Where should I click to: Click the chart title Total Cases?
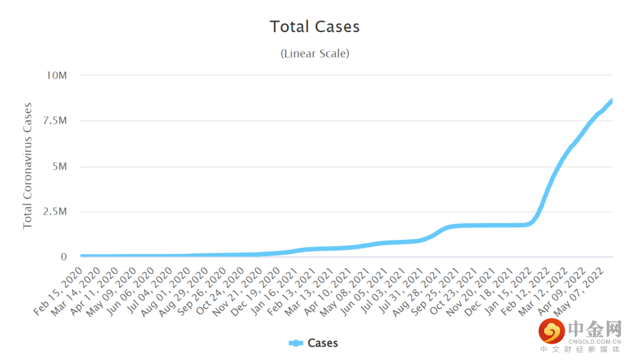[x=314, y=27]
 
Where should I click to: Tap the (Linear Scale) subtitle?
[x=314, y=54]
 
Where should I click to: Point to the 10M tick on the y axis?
[x=57, y=75]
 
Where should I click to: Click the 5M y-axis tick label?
[x=59, y=166]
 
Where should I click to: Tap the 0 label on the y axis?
[x=65, y=257]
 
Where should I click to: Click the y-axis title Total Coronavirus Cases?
[x=27, y=166]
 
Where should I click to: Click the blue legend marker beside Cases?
[x=296, y=343]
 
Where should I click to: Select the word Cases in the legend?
[x=323, y=343]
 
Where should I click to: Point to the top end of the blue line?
[x=611, y=100]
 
